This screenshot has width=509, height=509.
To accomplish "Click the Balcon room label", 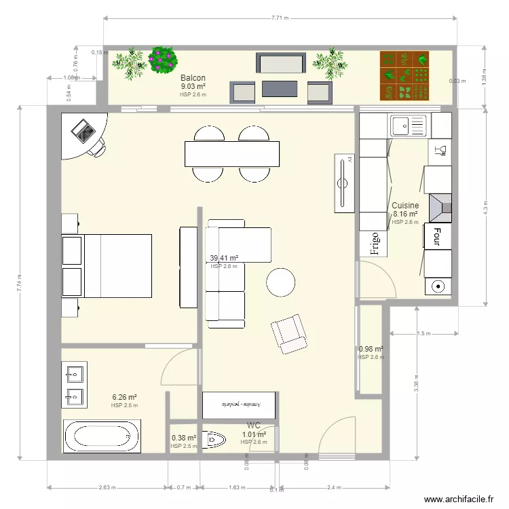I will pos(193,78).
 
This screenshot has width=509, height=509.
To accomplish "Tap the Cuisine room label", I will pos(405,205).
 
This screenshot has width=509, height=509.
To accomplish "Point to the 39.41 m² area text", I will pos(224,258).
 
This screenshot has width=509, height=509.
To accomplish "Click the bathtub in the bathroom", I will pos(102,436).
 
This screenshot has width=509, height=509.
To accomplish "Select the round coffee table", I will pos(280,282).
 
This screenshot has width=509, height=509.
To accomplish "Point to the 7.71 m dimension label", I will pos(280,18).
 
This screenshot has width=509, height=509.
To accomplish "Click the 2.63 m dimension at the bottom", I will pos(107,487).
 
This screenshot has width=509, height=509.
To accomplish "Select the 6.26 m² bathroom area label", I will pos(125,398).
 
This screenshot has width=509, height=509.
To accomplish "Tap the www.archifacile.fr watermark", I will pos(459,499).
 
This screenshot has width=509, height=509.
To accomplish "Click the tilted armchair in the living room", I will pos(289,334).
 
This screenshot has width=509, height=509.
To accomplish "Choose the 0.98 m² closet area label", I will pos(371,350).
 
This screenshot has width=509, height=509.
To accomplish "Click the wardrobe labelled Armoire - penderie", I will pos(240,404).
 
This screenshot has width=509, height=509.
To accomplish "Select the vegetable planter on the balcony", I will pos(405,75).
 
